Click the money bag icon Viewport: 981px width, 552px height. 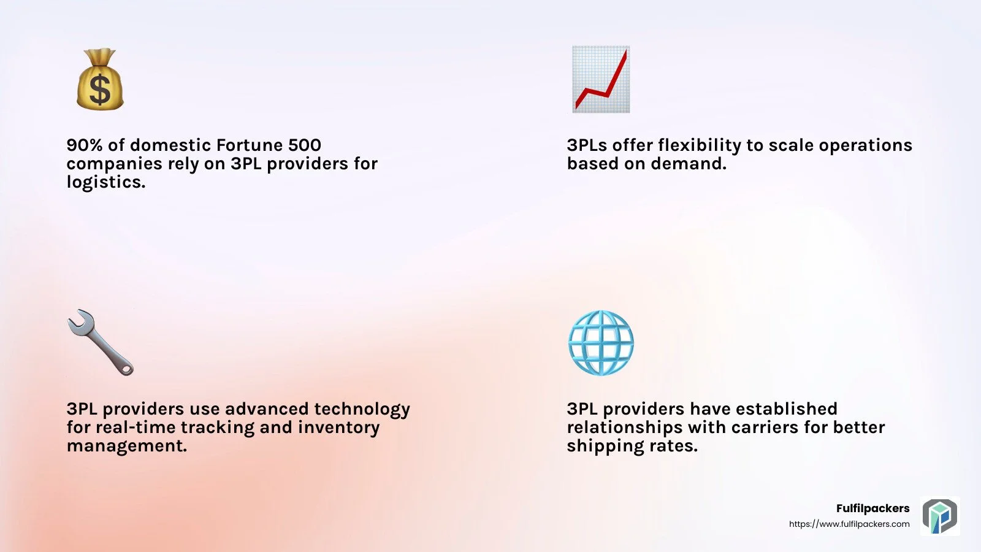pos(100,79)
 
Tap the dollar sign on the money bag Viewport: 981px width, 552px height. pos(100,90)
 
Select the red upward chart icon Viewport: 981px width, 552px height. pos(601,79)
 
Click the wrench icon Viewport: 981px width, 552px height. pos(101,343)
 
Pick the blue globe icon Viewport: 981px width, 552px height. pos(601,343)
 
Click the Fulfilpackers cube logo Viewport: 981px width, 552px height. pos(940,516)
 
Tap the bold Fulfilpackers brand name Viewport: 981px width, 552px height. pos(873,508)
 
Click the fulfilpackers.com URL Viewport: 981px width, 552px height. pos(849,524)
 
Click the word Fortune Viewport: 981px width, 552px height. pos(249,145)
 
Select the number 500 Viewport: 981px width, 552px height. pos(305,145)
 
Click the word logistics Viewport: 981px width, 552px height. pos(106,182)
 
